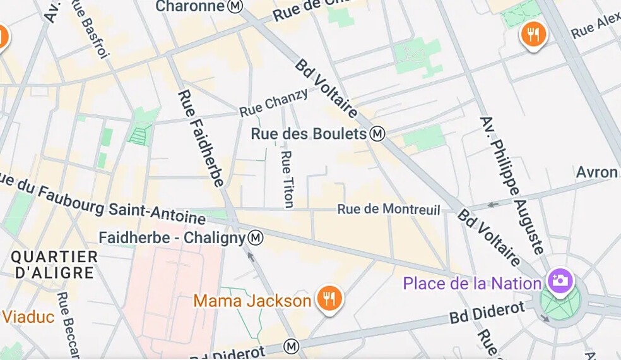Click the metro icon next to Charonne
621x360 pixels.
tap(235, 6)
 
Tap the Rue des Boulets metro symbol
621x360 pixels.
tap(377, 134)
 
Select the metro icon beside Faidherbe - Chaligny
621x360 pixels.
tap(256, 238)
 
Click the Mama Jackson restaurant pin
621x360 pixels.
tap(329, 298)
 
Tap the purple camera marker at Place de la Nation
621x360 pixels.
tap(560, 280)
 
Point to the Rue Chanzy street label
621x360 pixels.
tap(274, 103)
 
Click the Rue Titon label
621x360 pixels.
tap(287, 179)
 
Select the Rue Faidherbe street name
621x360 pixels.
tap(201, 138)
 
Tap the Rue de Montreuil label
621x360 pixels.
tap(389, 209)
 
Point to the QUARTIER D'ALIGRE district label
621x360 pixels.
tap(54, 265)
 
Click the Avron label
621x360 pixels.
tap(597, 172)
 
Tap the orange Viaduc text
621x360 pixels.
tap(28, 316)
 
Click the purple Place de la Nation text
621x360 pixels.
tap(472, 283)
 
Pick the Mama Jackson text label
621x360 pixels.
tap(252, 301)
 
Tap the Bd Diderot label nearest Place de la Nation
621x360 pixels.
tap(487, 312)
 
